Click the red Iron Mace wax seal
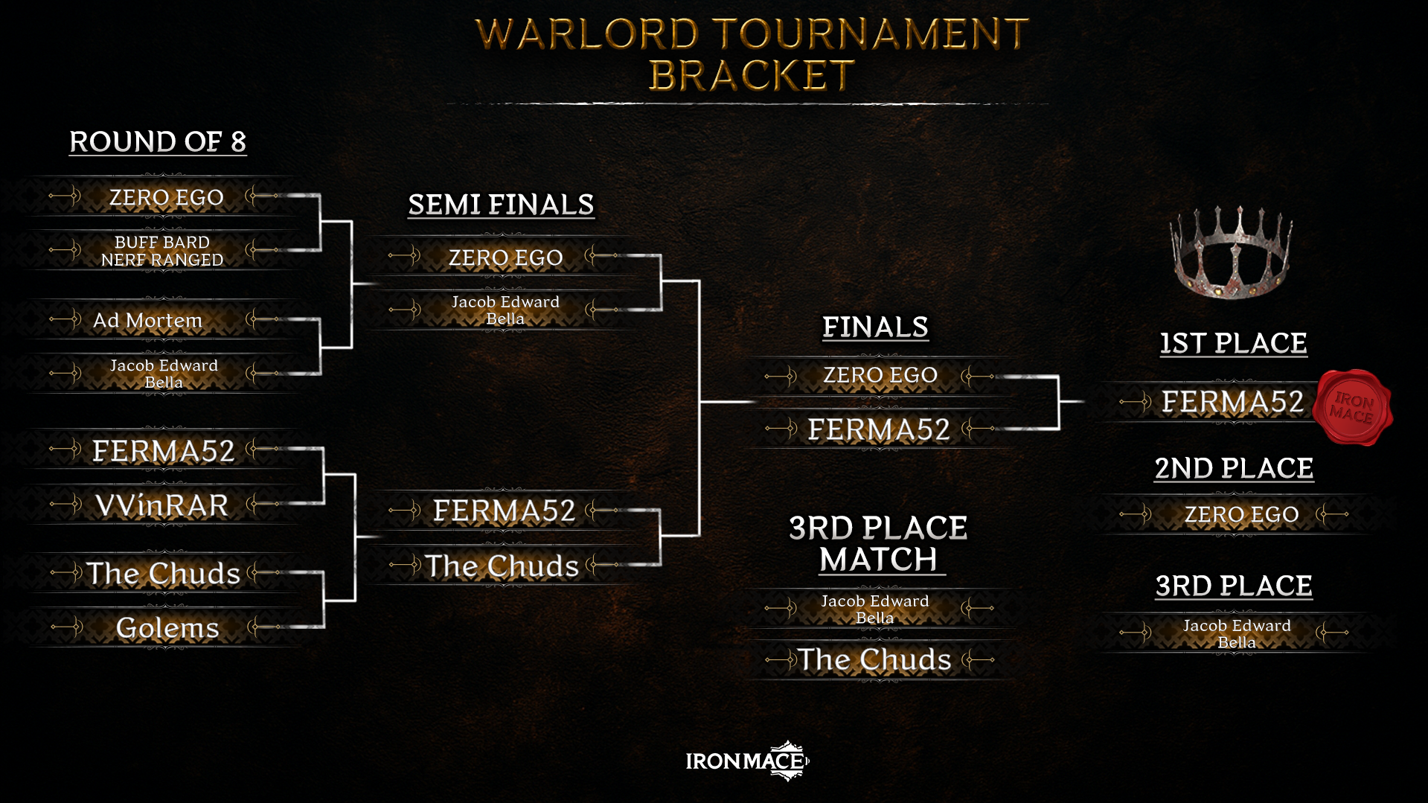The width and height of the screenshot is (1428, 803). click(1351, 408)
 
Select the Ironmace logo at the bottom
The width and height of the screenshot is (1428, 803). click(747, 761)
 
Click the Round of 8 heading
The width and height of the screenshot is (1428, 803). click(158, 141)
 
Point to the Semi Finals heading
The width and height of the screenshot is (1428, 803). click(501, 205)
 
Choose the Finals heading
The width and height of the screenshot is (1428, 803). click(875, 327)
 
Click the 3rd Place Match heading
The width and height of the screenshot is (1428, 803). click(878, 544)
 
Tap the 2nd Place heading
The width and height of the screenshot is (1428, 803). click(1234, 468)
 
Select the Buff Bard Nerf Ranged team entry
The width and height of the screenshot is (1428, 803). click(162, 251)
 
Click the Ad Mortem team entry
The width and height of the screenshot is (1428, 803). click(147, 321)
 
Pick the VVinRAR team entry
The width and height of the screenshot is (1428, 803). click(161, 505)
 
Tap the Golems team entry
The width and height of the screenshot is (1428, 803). click(167, 628)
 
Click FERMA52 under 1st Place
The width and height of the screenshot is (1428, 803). click(1232, 402)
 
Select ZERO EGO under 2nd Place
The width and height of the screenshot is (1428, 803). click(1241, 514)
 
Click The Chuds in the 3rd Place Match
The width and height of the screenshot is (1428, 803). click(874, 659)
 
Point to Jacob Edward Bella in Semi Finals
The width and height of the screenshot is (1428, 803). click(505, 310)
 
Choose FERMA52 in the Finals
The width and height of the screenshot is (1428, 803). click(879, 429)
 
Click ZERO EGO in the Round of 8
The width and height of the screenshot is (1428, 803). click(166, 197)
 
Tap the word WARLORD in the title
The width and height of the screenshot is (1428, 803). click(587, 34)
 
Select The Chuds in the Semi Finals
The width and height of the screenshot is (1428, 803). click(502, 566)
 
